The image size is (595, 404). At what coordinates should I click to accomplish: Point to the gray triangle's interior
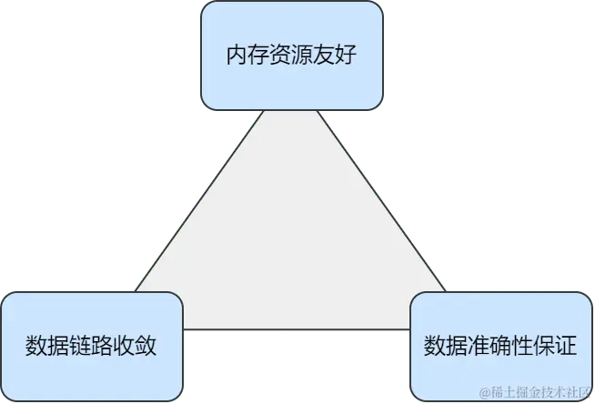point(291,237)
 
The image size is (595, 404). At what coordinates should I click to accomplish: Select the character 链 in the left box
point(78,347)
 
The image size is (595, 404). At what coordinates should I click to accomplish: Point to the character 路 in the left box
point(105,347)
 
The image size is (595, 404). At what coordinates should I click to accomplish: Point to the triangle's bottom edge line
point(296,328)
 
